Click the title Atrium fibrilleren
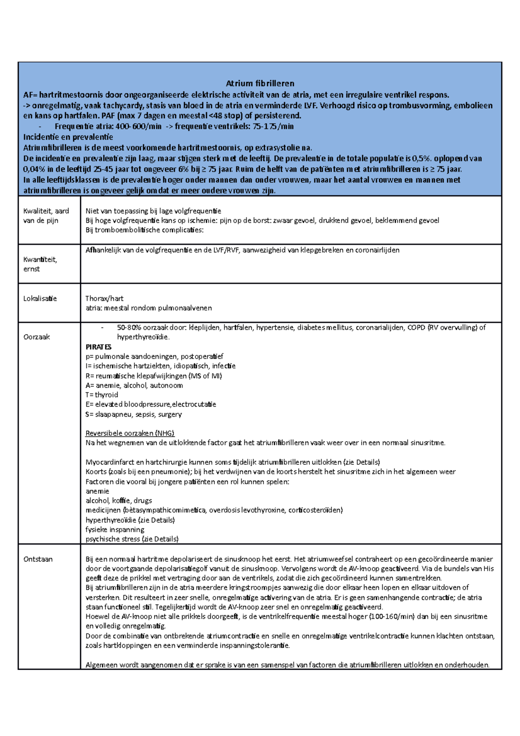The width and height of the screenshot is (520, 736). coord(260,83)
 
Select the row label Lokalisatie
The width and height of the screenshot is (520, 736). coord(40,299)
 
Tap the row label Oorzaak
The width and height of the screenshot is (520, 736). coord(36,337)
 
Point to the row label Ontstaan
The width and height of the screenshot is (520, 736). coord(38,559)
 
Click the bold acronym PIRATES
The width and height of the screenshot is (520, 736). coord(98,347)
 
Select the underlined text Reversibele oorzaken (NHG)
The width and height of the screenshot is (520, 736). coord(130,433)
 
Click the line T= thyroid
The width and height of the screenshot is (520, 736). coord(102,395)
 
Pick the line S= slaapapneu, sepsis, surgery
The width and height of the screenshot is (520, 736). coord(133,414)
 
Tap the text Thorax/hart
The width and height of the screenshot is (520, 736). coord(104,299)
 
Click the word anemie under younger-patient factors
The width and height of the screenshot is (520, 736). coord(97,491)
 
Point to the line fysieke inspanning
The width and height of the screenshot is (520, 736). coord(115,530)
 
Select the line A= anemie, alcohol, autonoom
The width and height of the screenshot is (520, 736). coord(134,385)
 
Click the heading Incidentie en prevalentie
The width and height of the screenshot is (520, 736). coord(68,137)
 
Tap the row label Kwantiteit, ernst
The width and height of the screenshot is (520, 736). coord(40,264)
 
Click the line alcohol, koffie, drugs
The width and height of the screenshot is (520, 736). coord(119,501)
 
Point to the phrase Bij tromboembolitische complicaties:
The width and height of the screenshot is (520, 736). coord(144,230)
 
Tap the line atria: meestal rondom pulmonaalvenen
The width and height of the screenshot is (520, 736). coord(149,308)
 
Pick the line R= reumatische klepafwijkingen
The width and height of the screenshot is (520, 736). coord(153,376)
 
